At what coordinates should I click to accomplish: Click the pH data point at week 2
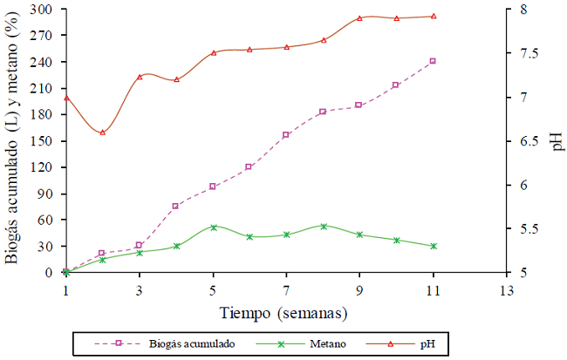pos(102,132)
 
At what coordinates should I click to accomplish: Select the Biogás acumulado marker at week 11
pos(433,61)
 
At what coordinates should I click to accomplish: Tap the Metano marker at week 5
pos(213,228)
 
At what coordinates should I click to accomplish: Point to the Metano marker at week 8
pos(323,226)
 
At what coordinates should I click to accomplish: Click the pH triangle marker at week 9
pos(359,17)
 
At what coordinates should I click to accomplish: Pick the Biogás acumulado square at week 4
pos(175,206)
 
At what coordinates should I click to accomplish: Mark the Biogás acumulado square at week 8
pos(323,112)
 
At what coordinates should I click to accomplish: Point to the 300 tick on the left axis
pos(42,10)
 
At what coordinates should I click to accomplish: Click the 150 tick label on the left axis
pos(42,141)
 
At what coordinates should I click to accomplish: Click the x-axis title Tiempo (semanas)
pos(287,312)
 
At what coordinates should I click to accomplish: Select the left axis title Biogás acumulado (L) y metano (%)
pos(12,139)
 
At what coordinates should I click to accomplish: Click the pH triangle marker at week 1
pos(65,98)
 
